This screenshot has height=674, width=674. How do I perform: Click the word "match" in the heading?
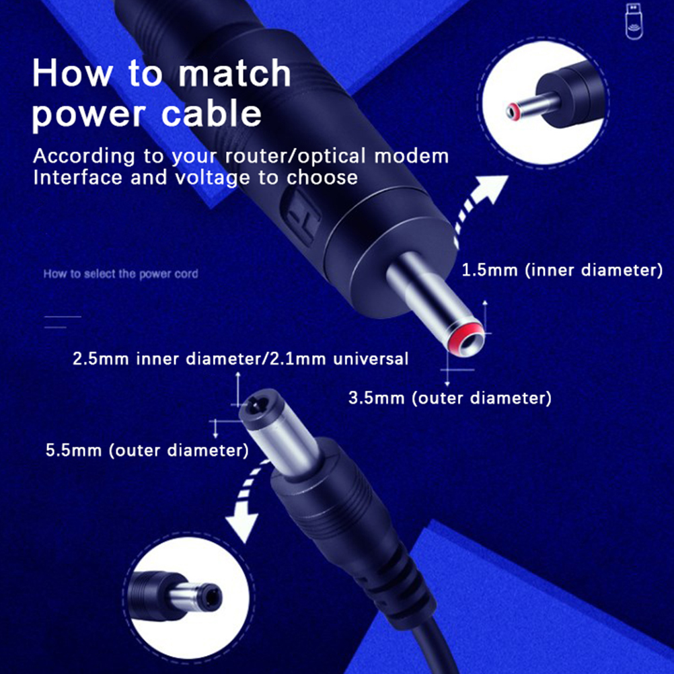click(x=234, y=73)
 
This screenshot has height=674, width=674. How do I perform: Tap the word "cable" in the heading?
click(x=211, y=114)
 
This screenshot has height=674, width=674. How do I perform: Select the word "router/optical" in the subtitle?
click(x=295, y=155)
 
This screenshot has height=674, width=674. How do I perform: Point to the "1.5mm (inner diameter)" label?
click(x=562, y=270)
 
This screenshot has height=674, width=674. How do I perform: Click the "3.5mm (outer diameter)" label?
click(x=449, y=398)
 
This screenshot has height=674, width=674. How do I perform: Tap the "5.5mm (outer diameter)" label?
click(x=147, y=450)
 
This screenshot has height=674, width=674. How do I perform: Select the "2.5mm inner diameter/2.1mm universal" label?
click(x=241, y=359)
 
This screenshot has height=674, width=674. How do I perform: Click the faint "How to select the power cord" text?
click(x=121, y=274)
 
